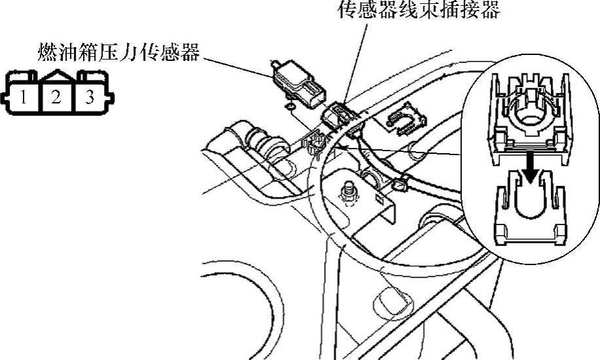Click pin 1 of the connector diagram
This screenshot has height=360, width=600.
[24, 98]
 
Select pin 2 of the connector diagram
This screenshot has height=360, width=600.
[56, 98]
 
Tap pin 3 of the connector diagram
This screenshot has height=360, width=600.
[90, 98]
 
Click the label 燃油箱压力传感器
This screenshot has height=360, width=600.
[118, 52]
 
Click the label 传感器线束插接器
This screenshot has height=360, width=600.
[419, 9]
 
